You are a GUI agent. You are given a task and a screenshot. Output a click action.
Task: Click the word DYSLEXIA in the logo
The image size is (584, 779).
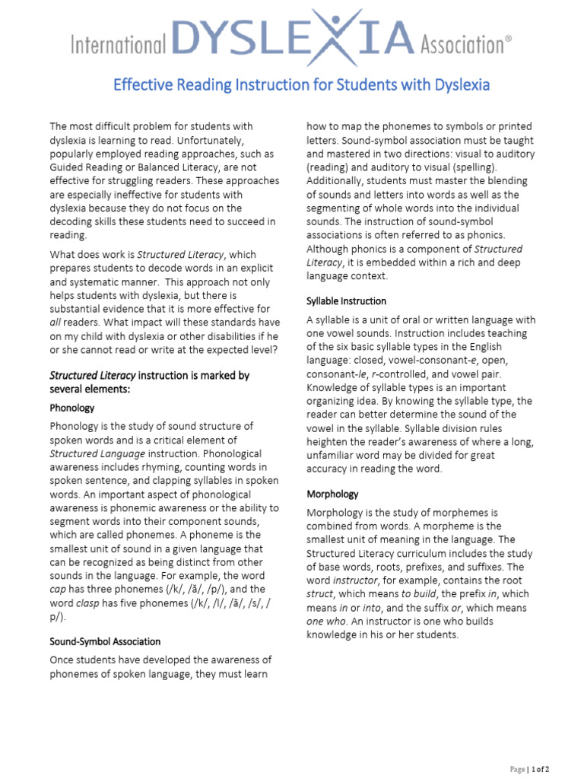[x=294, y=39]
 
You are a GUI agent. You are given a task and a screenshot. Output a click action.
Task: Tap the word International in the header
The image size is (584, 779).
[x=118, y=46]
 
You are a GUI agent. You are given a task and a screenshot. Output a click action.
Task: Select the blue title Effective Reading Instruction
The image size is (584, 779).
[x=301, y=84]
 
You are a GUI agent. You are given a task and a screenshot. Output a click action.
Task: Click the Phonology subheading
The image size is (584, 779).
[x=72, y=408]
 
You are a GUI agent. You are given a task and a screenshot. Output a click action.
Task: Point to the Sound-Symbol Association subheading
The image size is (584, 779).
[x=105, y=641]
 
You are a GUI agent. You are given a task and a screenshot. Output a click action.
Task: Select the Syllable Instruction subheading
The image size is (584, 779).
[x=346, y=300]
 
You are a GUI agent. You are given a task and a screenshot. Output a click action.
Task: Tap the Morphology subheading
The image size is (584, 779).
[x=332, y=494]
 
